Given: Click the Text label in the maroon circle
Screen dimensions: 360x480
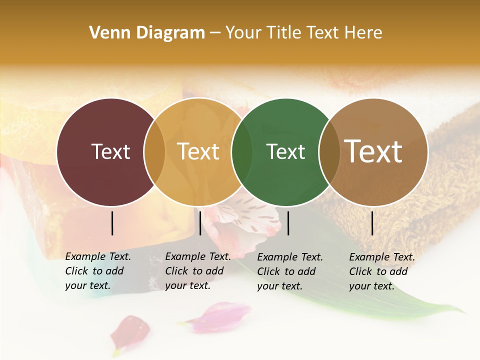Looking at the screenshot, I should pyautogui.click(x=110, y=151).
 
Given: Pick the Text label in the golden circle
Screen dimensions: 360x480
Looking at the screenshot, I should pyautogui.click(x=198, y=151).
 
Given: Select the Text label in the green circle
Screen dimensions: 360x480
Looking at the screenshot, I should pyautogui.click(x=286, y=151).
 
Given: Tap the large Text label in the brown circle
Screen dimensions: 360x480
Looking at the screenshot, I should pyautogui.click(x=373, y=151).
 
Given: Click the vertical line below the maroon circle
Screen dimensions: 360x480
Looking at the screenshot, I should pyautogui.click(x=112, y=223).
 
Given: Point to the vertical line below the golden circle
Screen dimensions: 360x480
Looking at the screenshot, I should pyautogui.click(x=200, y=223).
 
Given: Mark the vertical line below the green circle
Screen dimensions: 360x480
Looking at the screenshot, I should pyautogui.click(x=288, y=223).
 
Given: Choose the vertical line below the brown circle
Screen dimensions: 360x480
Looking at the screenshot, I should pyautogui.click(x=372, y=223).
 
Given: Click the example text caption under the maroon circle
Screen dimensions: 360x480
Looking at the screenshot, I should pyautogui.click(x=97, y=271).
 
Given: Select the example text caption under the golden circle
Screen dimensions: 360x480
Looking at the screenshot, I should pyautogui.click(x=197, y=271).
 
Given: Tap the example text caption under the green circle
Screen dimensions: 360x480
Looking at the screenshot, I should pyautogui.click(x=289, y=271).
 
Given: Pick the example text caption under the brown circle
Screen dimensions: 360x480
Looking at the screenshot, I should pyautogui.click(x=381, y=271).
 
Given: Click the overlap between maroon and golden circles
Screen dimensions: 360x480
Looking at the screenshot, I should pyautogui.click(x=154, y=152).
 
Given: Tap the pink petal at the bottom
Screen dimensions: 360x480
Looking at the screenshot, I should pyautogui.click(x=220, y=316).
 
